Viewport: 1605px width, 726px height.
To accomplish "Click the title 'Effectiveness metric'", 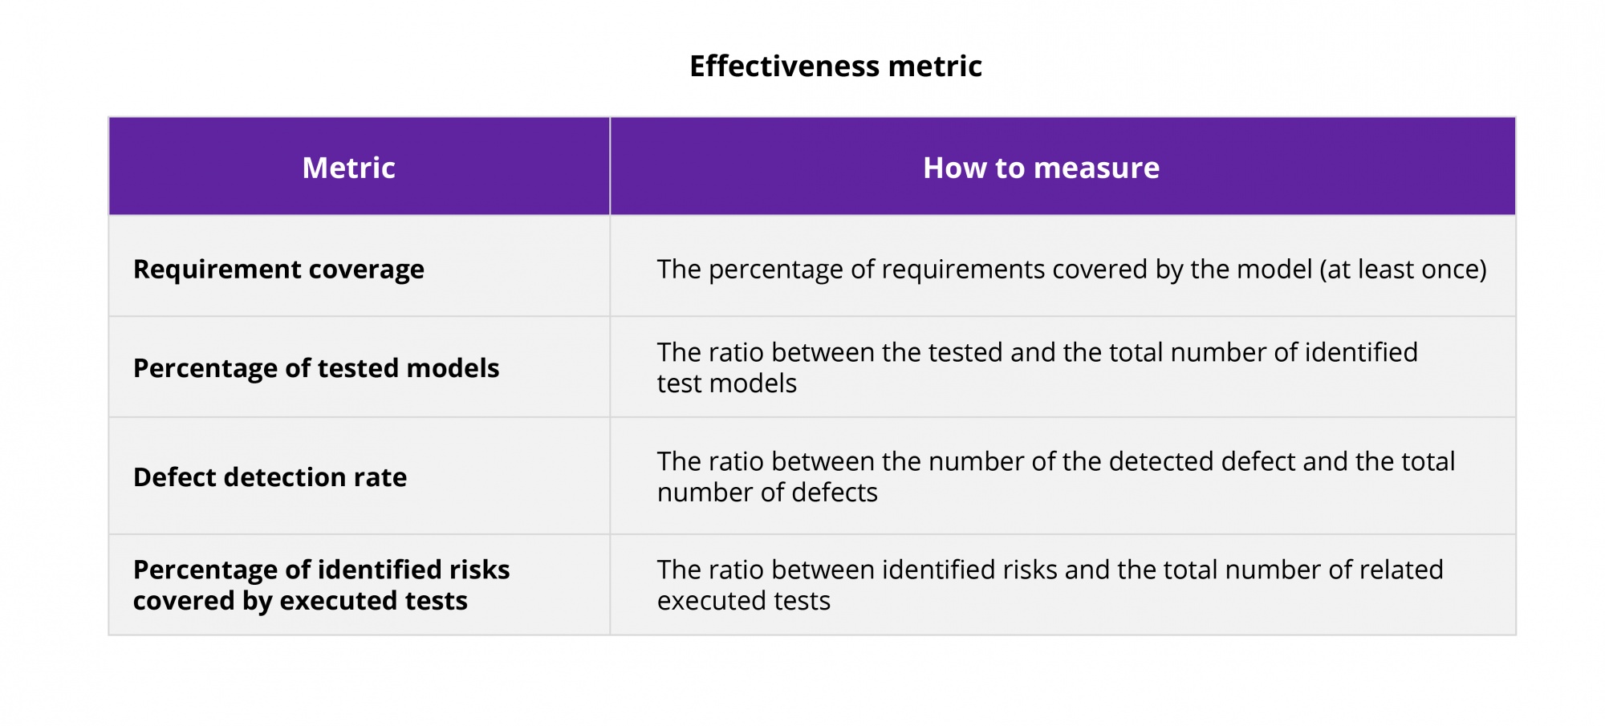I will (x=835, y=66).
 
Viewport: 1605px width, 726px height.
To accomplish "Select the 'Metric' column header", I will (x=349, y=168).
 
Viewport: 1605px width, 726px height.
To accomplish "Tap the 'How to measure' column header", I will (x=1041, y=168).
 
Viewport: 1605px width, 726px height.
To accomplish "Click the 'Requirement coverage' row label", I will (x=278, y=270).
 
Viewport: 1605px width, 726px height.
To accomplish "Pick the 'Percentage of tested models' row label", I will (x=316, y=368).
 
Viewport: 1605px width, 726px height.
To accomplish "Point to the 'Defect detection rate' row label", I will (x=270, y=477).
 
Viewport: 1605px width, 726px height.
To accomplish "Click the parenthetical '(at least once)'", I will (x=1403, y=270).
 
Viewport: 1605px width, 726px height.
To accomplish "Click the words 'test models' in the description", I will (x=727, y=383).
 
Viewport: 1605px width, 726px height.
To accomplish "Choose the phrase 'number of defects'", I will (x=767, y=493).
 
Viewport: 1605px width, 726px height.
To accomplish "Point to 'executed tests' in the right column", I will (x=744, y=601).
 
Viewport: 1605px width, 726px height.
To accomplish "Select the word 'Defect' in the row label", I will (x=175, y=477).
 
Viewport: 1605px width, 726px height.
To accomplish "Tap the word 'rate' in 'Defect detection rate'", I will (x=380, y=477).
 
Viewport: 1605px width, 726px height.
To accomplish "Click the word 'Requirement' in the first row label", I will (x=217, y=270).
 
